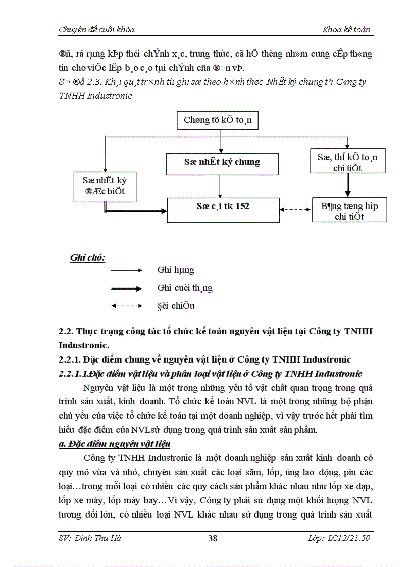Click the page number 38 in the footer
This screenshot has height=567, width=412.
[213, 538]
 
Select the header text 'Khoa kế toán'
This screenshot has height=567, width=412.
[346, 29]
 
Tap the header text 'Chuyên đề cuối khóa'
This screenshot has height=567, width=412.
[96, 29]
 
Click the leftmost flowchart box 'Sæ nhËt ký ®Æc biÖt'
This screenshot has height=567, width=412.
[105, 186]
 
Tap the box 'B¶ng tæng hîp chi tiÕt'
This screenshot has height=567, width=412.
[349, 211]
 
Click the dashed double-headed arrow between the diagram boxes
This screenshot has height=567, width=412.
[295, 209]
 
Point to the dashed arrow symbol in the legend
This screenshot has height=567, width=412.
[127, 306]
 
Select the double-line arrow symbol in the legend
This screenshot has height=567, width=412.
[127, 288]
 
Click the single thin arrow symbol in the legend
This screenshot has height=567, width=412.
[127, 271]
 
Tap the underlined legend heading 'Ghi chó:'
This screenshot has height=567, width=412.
[87, 257]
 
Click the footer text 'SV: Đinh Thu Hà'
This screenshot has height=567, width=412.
[90, 538]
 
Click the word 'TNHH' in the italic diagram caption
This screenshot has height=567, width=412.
[74, 95]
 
